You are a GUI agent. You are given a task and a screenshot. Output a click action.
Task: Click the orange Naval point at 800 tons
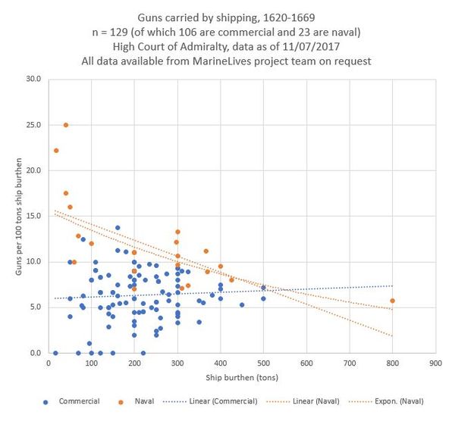click(392, 301)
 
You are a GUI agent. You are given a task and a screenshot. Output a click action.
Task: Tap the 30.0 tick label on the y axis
click(33, 79)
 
